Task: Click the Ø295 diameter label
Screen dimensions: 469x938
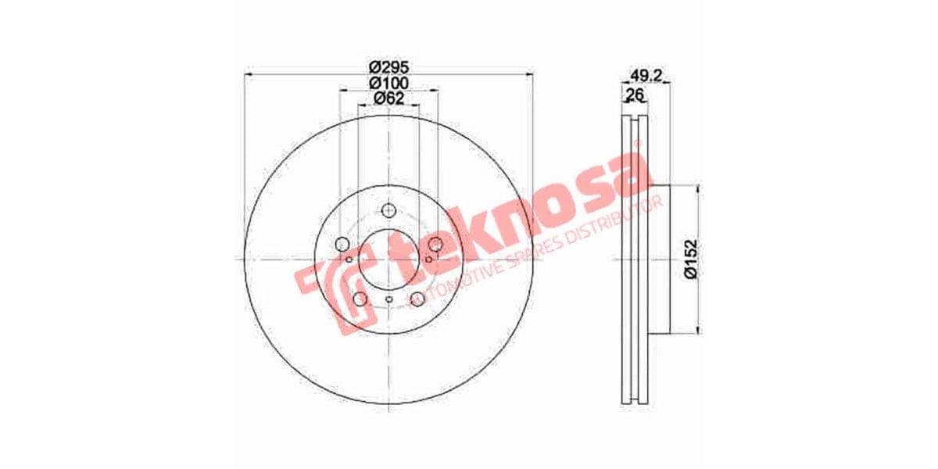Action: point(388,66)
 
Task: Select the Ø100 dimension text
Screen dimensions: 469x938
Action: point(388,82)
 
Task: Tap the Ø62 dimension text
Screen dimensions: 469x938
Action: point(388,98)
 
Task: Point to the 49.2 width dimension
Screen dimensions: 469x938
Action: point(646,76)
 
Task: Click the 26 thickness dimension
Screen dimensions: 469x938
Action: point(635,95)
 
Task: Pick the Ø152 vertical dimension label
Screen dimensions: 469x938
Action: point(690,259)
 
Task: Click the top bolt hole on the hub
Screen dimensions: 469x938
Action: point(388,209)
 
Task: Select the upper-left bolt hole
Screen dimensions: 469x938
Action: point(342,245)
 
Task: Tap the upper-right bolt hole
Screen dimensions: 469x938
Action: point(436,245)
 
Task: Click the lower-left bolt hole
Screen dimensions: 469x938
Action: point(360,299)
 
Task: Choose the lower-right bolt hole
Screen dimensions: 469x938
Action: point(417,299)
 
